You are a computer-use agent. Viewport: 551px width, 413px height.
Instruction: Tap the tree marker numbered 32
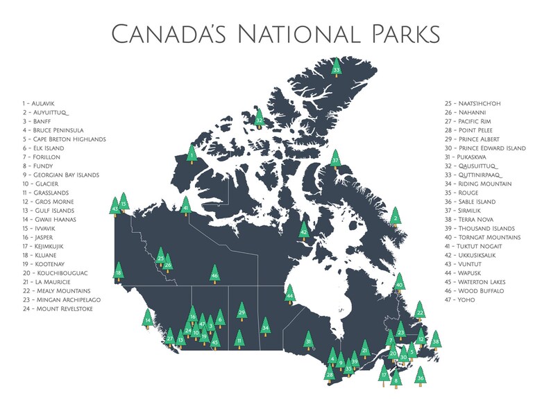coord(259,119)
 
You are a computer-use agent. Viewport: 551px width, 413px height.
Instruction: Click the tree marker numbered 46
coord(214,274)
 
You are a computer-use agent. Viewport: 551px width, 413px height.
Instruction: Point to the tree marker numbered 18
coord(119,272)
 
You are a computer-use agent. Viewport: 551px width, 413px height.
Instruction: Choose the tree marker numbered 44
coord(290,295)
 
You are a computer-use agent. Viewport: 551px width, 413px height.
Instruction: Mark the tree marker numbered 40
coord(399,283)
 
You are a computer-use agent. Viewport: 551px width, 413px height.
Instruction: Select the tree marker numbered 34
coord(264,326)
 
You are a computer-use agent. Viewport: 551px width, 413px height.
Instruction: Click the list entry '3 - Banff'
coord(39,121)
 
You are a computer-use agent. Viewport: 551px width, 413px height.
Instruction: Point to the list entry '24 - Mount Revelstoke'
coord(57,308)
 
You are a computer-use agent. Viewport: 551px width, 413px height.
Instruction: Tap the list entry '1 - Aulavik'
coord(41,103)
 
